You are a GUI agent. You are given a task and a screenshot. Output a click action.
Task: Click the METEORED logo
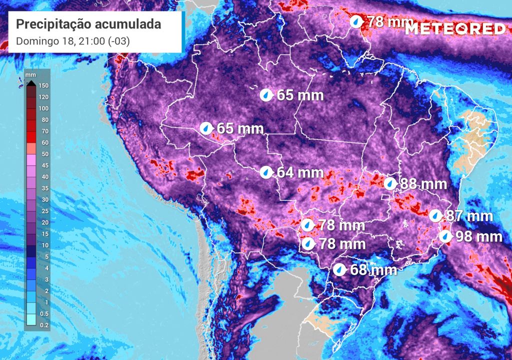pyautogui.click(x=455, y=28)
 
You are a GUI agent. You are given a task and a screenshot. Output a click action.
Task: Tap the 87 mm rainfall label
pyautogui.click(x=469, y=216)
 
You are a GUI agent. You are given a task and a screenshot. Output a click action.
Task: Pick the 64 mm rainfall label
pyautogui.click(x=300, y=172)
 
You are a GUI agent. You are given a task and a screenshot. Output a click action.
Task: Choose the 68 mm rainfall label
pyautogui.click(x=373, y=270)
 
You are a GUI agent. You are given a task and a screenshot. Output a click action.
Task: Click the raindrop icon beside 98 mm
pyautogui.click(x=445, y=236)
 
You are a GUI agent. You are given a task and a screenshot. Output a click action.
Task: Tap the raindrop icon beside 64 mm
pyautogui.click(x=266, y=172)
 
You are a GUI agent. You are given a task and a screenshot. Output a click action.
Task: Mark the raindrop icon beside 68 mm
pyautogui.click(x=339, y=270)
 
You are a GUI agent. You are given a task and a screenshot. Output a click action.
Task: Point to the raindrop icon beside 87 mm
pyautogui.click(x=436, y=216)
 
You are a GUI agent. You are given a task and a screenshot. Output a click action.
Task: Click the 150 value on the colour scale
pyautogui.click(x=43, y=85)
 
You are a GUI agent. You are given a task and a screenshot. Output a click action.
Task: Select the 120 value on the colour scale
pyautogui.click(x=43, y=97)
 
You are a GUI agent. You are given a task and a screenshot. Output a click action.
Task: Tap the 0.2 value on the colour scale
pyautogui.click(x=43, y=325)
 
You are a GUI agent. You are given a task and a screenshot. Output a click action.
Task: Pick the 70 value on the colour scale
pyautogui.click(x=43, y=131)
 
